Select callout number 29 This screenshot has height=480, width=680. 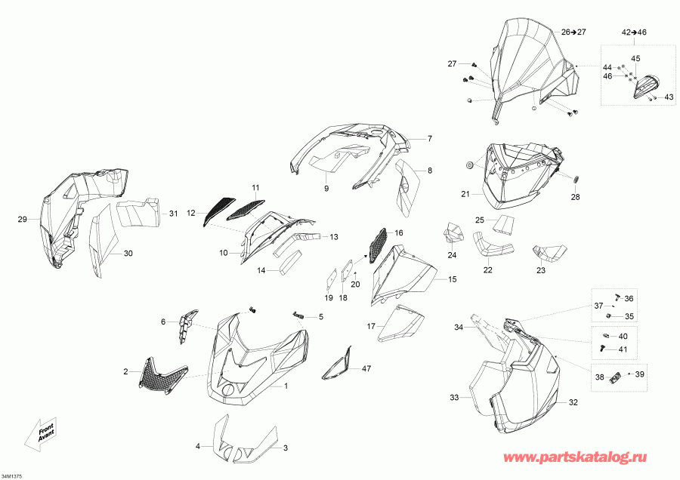pyautogui.click(x=22, y=219)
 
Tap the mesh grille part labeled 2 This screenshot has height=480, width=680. pyautogui.click(x=162, y=376)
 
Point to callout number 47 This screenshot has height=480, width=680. pyautogui.click(x=366, y=368)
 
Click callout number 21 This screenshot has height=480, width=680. pyautogui.click(x=465, y=194)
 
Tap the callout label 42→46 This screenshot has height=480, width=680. pyautogui.click(x=634, y=32)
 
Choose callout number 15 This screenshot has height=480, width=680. pyautogui.click(x=453, y=279)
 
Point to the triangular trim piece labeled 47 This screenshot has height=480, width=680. pyautogui.click(x=336, y=363)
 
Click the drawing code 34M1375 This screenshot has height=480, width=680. pyautogui.click(x=11, y=475)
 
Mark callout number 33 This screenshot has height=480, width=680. pyautogui.click(x=454, y=397)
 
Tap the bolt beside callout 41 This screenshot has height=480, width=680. pyautogui.click(x=602, y=348)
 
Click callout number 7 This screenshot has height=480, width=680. pyautogui.click(x=430, y=139)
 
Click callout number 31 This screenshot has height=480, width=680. pyautogui.click(x=174, y=214)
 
